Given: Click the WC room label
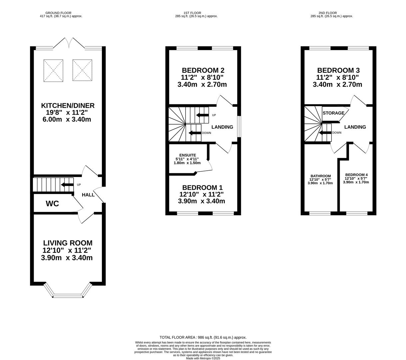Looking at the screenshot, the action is (52, 204).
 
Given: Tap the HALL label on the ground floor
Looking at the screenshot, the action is (88, 195).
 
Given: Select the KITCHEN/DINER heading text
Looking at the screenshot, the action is (68, 105).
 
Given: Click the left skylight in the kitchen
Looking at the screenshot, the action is (53, 70).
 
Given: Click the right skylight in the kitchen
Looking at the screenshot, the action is (82, 70).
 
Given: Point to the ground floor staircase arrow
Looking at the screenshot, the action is (67, 185).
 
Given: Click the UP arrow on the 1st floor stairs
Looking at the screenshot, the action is (203, 115).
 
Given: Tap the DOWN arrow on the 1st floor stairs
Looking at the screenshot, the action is (195, 133).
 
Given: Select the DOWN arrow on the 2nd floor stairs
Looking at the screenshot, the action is (325, 133).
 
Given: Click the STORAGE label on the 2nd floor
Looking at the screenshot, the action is (333, 113).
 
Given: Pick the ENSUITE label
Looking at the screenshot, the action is (188, 155).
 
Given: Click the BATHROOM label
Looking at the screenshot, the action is (321, 176).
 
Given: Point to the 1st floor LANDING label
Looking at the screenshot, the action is (222, 127).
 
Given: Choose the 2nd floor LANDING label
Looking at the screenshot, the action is (355, 127).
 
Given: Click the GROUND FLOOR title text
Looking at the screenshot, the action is (58, 13).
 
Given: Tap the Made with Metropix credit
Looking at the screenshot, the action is (203, 358).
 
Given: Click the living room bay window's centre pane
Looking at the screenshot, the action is (68, 296).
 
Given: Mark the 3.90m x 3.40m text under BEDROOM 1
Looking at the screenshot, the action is (202, 201).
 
